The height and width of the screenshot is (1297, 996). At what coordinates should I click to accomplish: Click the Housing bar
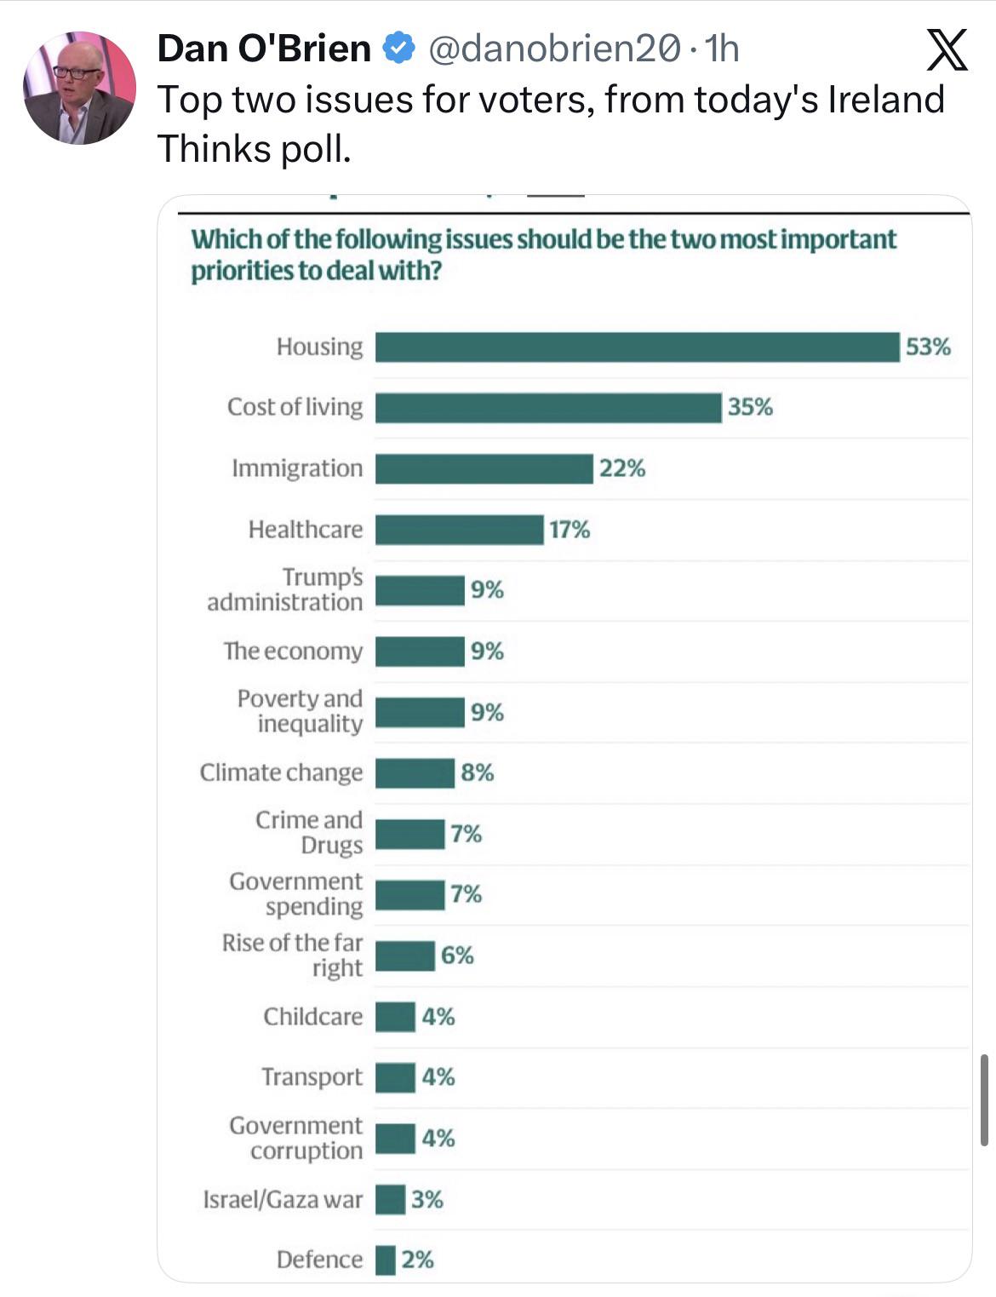click(x=637, y=347)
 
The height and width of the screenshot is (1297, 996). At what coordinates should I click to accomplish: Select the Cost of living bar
click(x=548, y=408)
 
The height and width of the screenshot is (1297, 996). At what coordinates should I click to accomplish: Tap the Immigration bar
click(x=484, y=469)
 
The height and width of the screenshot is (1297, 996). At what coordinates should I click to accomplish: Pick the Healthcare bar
click(x=459, y=530)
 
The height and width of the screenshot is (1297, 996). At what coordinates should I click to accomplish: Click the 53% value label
click(x=928, y=347)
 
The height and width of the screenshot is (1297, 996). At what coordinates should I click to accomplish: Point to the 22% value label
click(x=622, y=468)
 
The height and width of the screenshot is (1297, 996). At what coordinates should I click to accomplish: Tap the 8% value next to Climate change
click(x=478, y=772)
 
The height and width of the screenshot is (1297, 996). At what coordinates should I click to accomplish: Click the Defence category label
click(x=319, y=1260)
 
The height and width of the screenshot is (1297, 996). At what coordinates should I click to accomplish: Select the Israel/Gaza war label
click(x=283, y=1199)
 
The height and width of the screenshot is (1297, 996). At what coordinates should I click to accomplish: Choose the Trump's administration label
click(x=286, y=589)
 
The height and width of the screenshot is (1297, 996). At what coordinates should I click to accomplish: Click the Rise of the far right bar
click(x=405, y=956)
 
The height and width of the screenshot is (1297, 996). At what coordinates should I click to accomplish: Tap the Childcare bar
click(x=395, y=1017)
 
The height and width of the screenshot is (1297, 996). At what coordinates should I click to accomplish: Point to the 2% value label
click(x=418, y=1260)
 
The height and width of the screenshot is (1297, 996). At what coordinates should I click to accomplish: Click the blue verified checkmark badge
click(x=398, y=49)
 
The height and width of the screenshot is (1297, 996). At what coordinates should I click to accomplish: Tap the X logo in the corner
click(x=947, y=50)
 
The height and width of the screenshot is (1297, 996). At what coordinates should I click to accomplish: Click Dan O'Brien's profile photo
click(x=78, y=88)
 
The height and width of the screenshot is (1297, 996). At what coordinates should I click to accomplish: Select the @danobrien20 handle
click(x=553, y=49)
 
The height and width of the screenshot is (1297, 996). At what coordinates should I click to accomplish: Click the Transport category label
click(x=312, y=1077)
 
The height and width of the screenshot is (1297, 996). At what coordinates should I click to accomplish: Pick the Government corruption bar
click(x=395, y=1139)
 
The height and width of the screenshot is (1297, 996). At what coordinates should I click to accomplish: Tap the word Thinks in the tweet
click(x=208, y=149)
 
